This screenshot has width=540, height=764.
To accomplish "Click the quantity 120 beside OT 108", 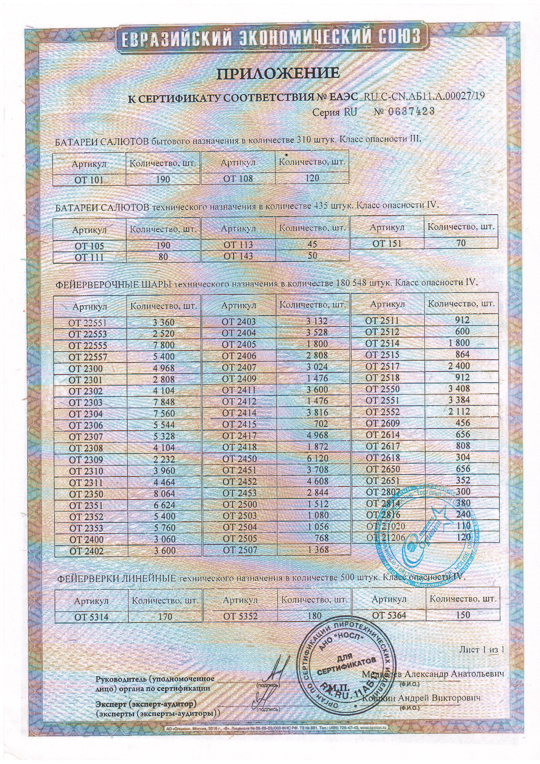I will tap(312, 178).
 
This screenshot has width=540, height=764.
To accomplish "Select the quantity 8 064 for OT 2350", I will tap(164, 494).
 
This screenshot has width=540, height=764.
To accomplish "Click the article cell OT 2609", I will tap(382, 423).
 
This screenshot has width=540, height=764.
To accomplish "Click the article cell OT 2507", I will tap(240, 550).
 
